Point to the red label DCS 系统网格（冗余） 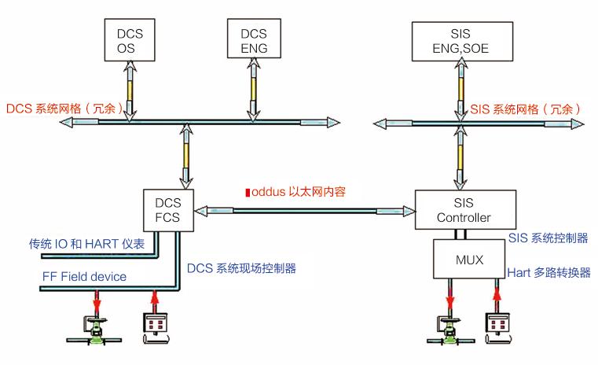(x=65, y=108)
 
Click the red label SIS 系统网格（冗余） (x=525, y=108)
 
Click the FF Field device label (x=84, y=277)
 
